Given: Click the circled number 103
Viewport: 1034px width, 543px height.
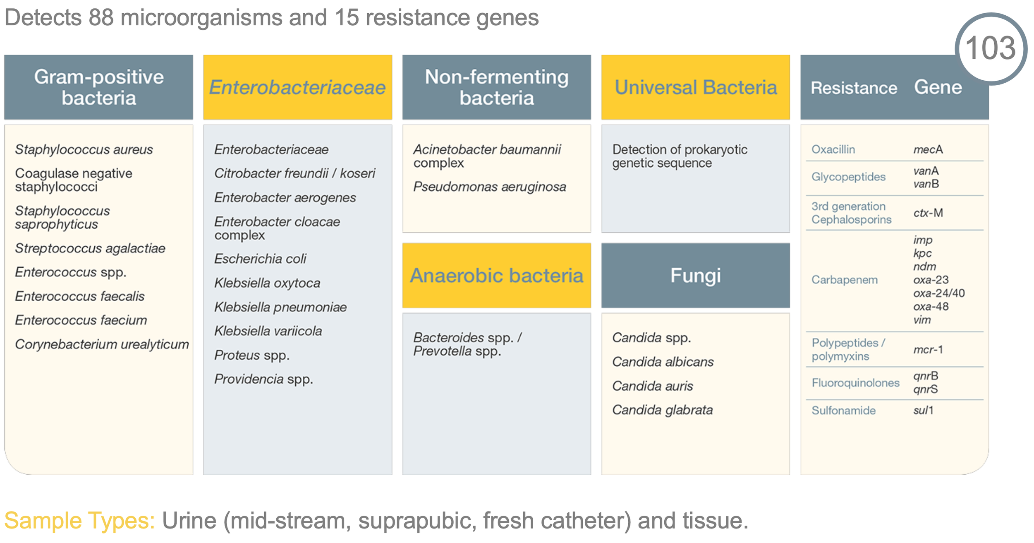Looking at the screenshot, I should point(990,48).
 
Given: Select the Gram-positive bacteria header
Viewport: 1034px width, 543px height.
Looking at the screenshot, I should point(98,87).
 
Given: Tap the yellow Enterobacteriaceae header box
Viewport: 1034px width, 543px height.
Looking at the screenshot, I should point(297,87).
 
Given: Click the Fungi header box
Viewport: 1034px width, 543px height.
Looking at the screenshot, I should point(695,275).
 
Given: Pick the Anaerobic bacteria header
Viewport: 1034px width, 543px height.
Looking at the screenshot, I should point(496,275).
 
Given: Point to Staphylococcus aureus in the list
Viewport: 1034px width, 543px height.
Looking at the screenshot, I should point(84,149).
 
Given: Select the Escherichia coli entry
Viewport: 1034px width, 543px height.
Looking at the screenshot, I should point(260,259).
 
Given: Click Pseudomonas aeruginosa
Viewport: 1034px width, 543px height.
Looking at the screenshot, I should point(490,187).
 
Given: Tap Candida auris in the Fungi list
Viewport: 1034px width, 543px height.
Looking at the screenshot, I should point(652,386).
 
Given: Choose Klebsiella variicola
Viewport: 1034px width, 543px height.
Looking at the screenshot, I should point(268,331).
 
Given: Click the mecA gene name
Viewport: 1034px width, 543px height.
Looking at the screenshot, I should point(928,149).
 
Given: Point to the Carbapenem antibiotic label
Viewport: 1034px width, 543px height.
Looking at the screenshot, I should point(844,280).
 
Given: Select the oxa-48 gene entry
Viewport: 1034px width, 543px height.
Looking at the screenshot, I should point(931,307).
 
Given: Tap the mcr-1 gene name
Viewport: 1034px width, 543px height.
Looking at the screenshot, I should point(928,350).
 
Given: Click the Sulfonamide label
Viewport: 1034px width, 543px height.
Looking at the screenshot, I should point(843,411).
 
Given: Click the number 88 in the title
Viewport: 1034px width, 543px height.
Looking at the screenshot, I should point(101,18).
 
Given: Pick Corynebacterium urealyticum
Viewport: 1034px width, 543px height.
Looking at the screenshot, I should point(102,344).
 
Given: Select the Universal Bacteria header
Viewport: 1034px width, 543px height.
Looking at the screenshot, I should point(695,87).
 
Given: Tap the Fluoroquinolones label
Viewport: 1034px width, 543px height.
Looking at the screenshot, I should point(855,383).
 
